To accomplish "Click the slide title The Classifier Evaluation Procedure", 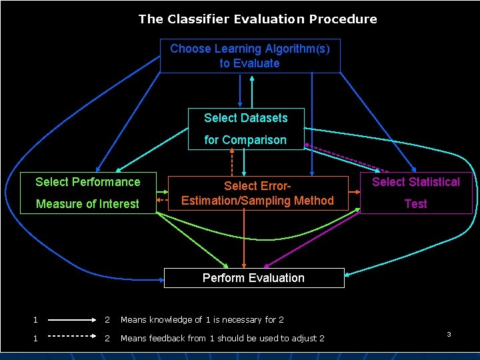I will pyautogui.click(x=257, y=19).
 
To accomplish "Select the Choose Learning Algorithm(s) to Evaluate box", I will pyautogui.click(x=250, y=56).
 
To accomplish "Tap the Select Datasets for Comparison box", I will pyautogui.click(x=245, y=129).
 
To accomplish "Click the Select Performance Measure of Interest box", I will pyautogui.click(x=88, y=193).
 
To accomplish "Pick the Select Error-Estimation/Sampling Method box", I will pyautogui.click(x=257, y=193).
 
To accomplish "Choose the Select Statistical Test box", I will pyautogui.click(x=416, y=193).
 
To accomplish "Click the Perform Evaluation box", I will pyautogui.click(x=253, y=278).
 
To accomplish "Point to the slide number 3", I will pyautogui.click(x=449, y=333).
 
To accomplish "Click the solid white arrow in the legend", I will pyautogui.click(x=72, y=320).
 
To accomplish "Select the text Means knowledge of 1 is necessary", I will pyautogui.click(x=202, y=320).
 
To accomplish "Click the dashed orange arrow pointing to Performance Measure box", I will pyautogui.click(x=162, y=199).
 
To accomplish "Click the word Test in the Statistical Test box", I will pyautogui.click(x=416, y=204).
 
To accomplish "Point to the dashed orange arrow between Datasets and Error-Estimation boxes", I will pyautogui.click(x=232, y=163).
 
